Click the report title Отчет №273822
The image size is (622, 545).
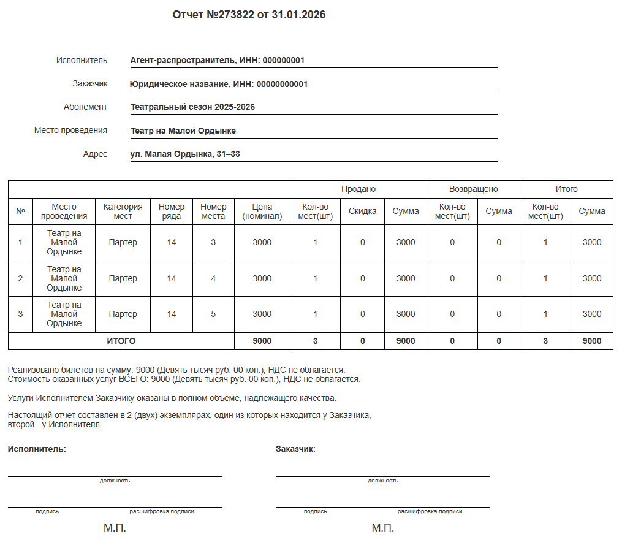249,15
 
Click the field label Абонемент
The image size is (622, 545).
85,107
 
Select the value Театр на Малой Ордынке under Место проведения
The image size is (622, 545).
183,131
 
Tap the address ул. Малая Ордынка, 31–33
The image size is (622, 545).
185,154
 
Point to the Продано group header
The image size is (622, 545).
358,189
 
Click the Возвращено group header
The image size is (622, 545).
473,189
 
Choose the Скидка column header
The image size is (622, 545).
362,211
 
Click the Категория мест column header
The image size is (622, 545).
123,211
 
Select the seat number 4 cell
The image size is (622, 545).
213,278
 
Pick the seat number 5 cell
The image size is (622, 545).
213,314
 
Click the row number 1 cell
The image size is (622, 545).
20,242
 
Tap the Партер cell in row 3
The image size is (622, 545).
123,314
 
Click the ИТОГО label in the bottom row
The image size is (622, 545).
121,341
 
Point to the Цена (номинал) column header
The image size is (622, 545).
262,211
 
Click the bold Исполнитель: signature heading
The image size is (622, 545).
37,449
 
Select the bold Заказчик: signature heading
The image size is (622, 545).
295,449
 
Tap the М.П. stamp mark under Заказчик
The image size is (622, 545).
382,528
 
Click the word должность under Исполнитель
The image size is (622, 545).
115,481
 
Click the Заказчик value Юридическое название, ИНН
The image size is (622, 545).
219,84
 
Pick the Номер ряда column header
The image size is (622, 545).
171,211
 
